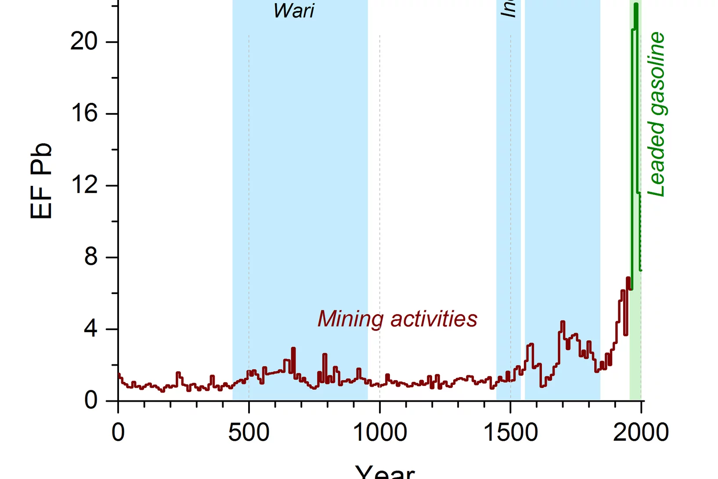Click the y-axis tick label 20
tap(84, 42)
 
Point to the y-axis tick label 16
tap(84, 113)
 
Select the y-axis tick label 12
tap(84, 185)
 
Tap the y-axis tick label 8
tap(91, 257)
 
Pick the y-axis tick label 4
tap(91, 329)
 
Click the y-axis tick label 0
tap(91, 400)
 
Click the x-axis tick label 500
tap(249, 432)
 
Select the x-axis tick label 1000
tap(380, 432)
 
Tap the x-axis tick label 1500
tap(510, 432)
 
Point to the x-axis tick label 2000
tap(641, 432)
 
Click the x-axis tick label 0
tap(118, 432)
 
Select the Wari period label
tap(294, 11)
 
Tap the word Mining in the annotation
tap(350, 319)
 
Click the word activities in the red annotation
tap(434, 319)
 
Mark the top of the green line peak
tap(636, 4)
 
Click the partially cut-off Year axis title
tap(385, 472)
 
